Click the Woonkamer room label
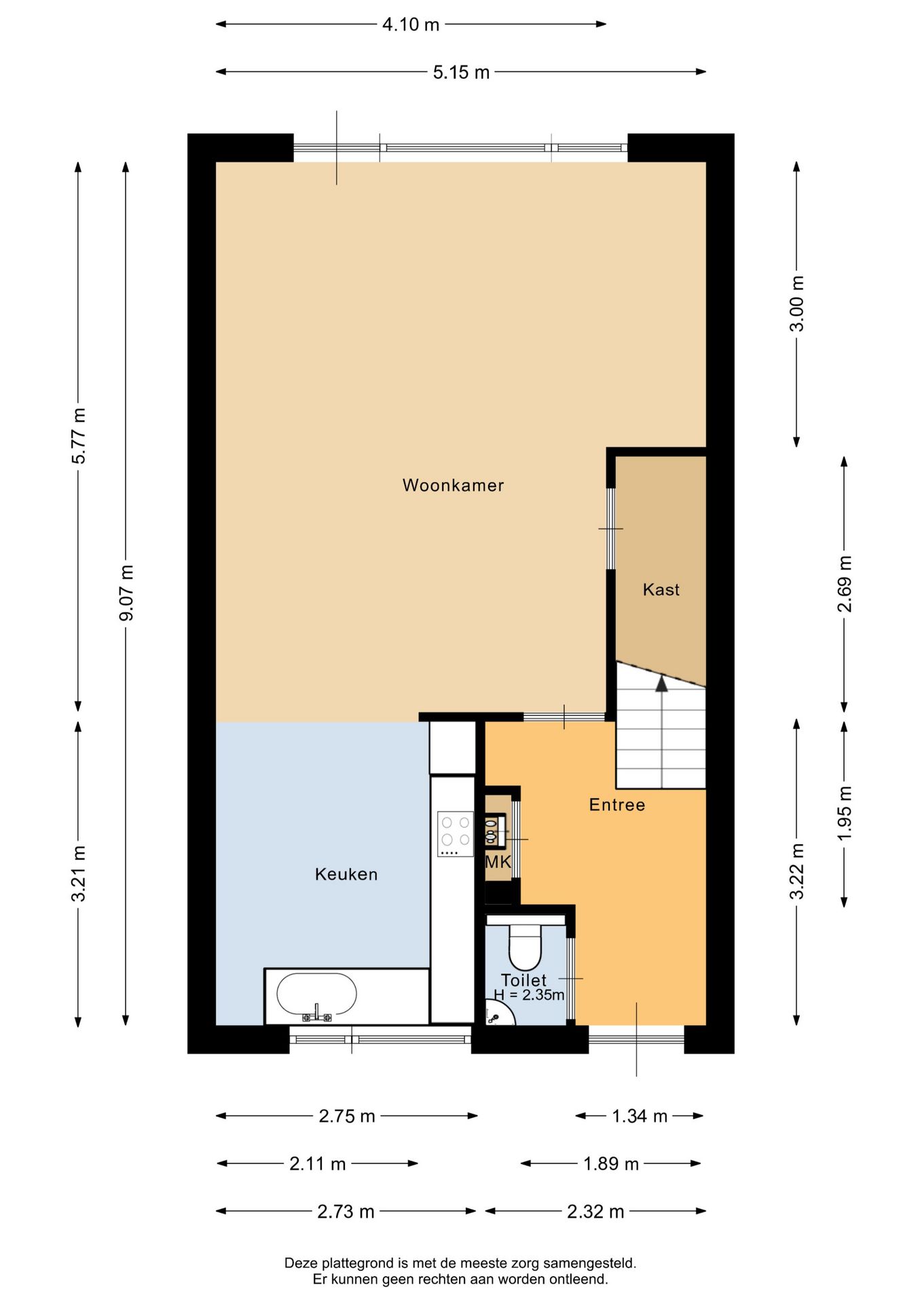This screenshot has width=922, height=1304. point(453,485)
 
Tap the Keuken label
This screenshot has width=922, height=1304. point(346,874)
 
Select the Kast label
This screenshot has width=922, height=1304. point(661,590)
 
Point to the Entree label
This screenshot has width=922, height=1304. point(617,805)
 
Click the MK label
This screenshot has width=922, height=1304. point(498,862)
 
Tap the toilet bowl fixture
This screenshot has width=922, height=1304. point(525,945)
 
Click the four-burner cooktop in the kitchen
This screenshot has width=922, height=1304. point(456,834)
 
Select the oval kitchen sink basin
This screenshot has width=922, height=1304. point(316,995)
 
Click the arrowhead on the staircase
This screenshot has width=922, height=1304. point(661,683)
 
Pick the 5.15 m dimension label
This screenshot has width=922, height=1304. point(461,72)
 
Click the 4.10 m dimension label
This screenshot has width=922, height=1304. point(411,24)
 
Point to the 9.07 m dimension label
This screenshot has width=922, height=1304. point(126,592)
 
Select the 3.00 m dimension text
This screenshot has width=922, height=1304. point(797,304)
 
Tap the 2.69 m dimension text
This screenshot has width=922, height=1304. point(844,584)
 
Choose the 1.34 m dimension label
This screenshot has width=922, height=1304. point(640,1116)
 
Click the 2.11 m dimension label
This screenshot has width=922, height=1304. point(318,1163)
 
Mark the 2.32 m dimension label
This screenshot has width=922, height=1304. point(595,1211)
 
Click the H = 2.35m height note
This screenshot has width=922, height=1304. point(529,995)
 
